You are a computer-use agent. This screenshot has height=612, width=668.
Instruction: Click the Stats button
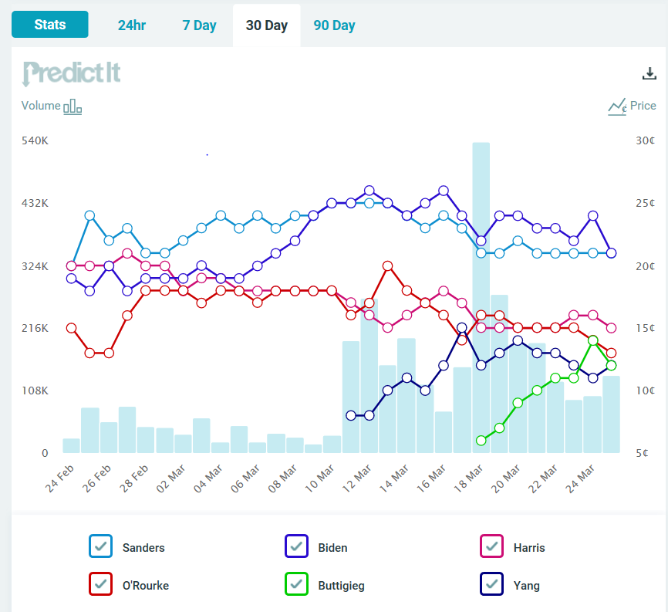point(50,25)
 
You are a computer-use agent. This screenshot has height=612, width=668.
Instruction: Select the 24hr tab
point(132,25)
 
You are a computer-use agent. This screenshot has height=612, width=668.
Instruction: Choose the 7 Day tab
point(199,25)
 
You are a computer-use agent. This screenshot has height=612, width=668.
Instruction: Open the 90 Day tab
point(334,25)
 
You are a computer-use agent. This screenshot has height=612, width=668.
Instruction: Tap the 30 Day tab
point(266,25)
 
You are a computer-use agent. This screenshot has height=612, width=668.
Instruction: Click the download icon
point(649,73)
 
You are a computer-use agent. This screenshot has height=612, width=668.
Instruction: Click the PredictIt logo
point(72,73)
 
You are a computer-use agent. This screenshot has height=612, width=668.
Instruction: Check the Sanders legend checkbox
point(101,547)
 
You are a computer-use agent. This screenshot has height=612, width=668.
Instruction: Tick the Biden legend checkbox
point(297,547)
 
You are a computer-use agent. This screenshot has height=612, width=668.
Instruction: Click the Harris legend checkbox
point(492,547)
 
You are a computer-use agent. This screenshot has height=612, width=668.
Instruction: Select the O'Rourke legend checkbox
point(101,585)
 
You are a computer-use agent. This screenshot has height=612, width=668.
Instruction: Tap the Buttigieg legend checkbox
point(297,585)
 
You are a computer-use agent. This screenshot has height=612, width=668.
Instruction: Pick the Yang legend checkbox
point(492,585)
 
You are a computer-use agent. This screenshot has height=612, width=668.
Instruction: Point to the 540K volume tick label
point(35,141)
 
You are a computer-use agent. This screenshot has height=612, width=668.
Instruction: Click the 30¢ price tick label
point(646,141)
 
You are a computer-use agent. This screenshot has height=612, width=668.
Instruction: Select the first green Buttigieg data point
point(481,441)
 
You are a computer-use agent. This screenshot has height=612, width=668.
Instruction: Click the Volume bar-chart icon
point(73,107)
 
